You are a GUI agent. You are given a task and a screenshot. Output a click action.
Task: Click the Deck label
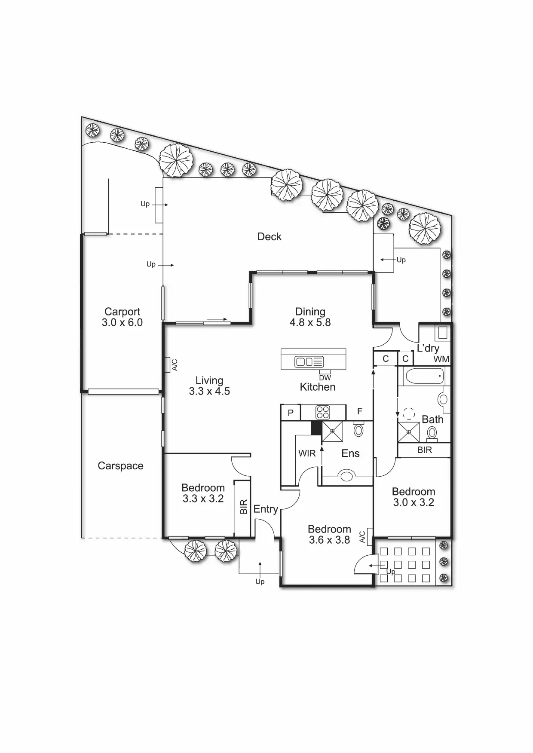269,237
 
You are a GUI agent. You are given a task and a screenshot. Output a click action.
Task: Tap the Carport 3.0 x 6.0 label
122,317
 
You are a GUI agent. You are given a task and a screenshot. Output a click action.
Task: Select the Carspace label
120,466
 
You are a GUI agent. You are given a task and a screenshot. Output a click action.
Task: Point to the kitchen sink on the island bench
309,362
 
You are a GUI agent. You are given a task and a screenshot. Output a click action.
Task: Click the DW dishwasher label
325,378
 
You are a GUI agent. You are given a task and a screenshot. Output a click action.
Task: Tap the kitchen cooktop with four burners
322,413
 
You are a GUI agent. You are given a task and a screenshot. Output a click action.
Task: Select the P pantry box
291,413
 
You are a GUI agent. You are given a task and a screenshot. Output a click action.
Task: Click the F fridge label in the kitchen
360,411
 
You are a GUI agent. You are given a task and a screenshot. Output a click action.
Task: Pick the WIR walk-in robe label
307,453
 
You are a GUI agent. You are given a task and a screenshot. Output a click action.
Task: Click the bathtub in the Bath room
424,376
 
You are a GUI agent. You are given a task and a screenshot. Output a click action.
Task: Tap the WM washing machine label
441,359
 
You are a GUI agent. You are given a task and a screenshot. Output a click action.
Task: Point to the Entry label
266,509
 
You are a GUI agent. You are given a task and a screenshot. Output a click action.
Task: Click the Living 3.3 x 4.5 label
209,386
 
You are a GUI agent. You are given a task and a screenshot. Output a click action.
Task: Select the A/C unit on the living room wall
168,365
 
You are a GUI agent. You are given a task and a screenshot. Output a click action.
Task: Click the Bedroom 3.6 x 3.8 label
329,535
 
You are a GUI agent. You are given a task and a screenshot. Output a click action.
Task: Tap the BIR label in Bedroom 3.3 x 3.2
244,507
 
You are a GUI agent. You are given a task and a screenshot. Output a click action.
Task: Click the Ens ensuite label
350,453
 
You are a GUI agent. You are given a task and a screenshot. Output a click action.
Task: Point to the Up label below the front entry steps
260,582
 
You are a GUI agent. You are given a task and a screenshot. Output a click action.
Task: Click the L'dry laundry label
428,349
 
